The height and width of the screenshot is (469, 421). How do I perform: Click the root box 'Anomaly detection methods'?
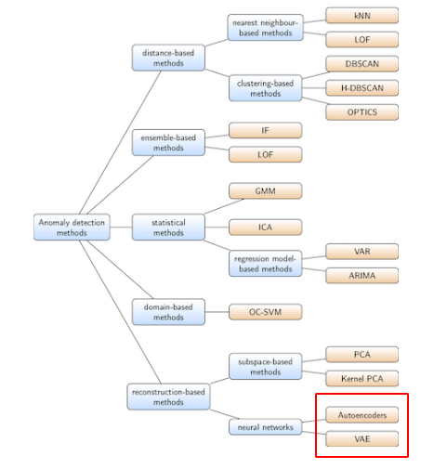(71, 228)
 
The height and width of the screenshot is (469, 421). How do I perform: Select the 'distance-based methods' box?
(168, 57)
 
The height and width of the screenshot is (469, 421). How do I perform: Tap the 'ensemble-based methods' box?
(168, 142)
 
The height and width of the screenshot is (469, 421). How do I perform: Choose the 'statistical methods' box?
(168, 228)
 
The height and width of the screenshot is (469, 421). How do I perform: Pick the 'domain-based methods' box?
(168, 312)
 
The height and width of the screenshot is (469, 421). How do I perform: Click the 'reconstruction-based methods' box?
(168, 397)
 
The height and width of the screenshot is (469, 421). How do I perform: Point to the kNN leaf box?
(362, 16)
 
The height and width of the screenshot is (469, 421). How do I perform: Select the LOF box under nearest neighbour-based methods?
(362, 40)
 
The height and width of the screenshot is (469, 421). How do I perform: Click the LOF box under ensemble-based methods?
(265, 154)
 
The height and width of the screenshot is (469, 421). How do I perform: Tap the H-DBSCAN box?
(362, 88)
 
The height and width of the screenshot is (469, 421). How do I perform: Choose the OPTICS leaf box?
(362, 112)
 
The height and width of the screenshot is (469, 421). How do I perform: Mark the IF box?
(265, 130)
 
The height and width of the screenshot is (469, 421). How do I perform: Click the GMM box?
(265, 190)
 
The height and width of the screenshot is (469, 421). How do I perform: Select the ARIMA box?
(362, 276)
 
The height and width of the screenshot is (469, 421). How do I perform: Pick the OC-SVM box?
(265, 312)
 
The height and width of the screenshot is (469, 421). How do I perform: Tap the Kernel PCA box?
(362, 378)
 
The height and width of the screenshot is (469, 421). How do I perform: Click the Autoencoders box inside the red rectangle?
(362, 414)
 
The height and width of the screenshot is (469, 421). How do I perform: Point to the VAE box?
(362, 438)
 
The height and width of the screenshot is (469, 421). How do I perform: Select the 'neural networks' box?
(265, 427)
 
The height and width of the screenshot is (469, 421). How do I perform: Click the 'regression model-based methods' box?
(265, 263)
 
